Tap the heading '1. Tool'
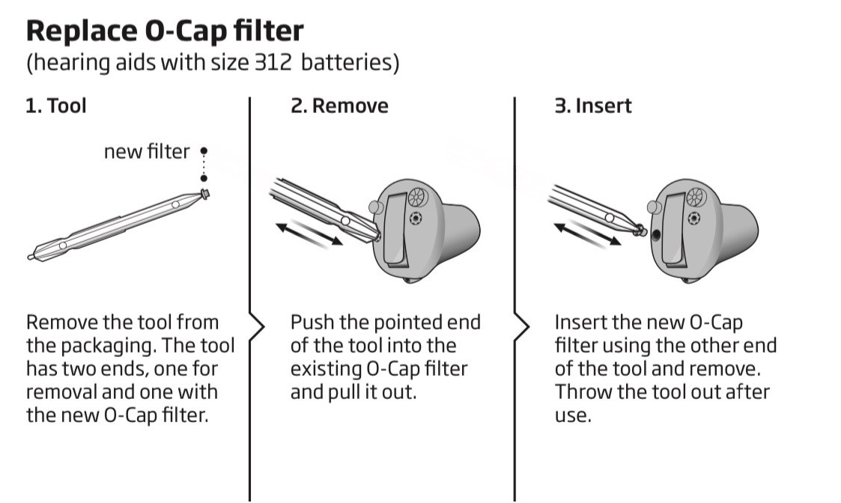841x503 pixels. [x=55, y=106]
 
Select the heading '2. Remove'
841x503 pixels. [x=339, y=106]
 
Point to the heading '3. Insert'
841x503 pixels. [x=593, y=106]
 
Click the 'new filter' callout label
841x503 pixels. [x=147, y=152]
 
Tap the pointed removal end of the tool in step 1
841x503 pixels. [x=31, y=257]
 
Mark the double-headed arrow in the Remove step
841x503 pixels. [x=309, y=234]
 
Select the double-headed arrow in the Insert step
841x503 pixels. [x=587, y=234]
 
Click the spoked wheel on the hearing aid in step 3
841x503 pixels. [x=696, y=198]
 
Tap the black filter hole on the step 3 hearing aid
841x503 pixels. [x=656, y=234]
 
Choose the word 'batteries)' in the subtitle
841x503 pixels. [x=350, y=63]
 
